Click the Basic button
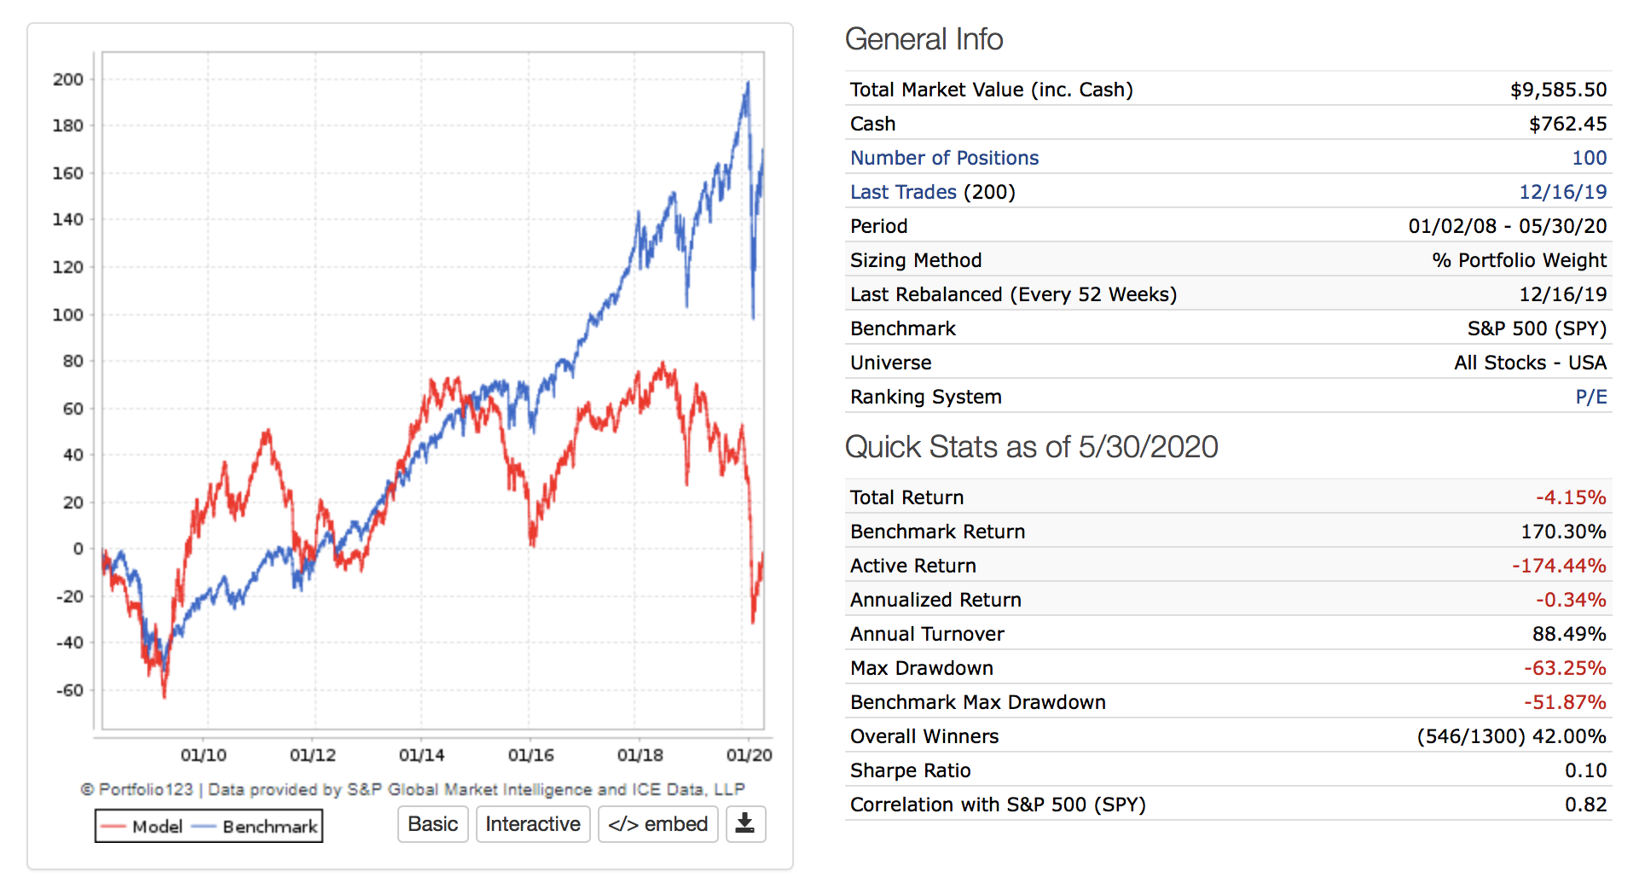tap(432, 824)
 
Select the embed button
tap(657, 824)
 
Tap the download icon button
tap(745, 824)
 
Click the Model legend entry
tap(142, 827)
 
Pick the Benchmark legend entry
tap(256, 827)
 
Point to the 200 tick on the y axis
tap(68, 79)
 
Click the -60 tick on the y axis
tap(68, 689)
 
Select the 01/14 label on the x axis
tap(421, 755)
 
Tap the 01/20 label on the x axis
tap(749, 755)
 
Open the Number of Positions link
tap(944, 158)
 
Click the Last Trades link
tap(903, 192)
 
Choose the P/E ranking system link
tap(1590, 397)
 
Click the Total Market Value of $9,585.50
tap(1558, 90)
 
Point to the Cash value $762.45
tap(1567, 124)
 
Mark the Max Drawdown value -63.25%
tap(1565, 668)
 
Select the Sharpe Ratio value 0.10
tap(1585, 770)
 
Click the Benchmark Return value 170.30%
tap(1563, 532)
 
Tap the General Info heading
tap(924, 39)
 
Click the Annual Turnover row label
tap(927, 634)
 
